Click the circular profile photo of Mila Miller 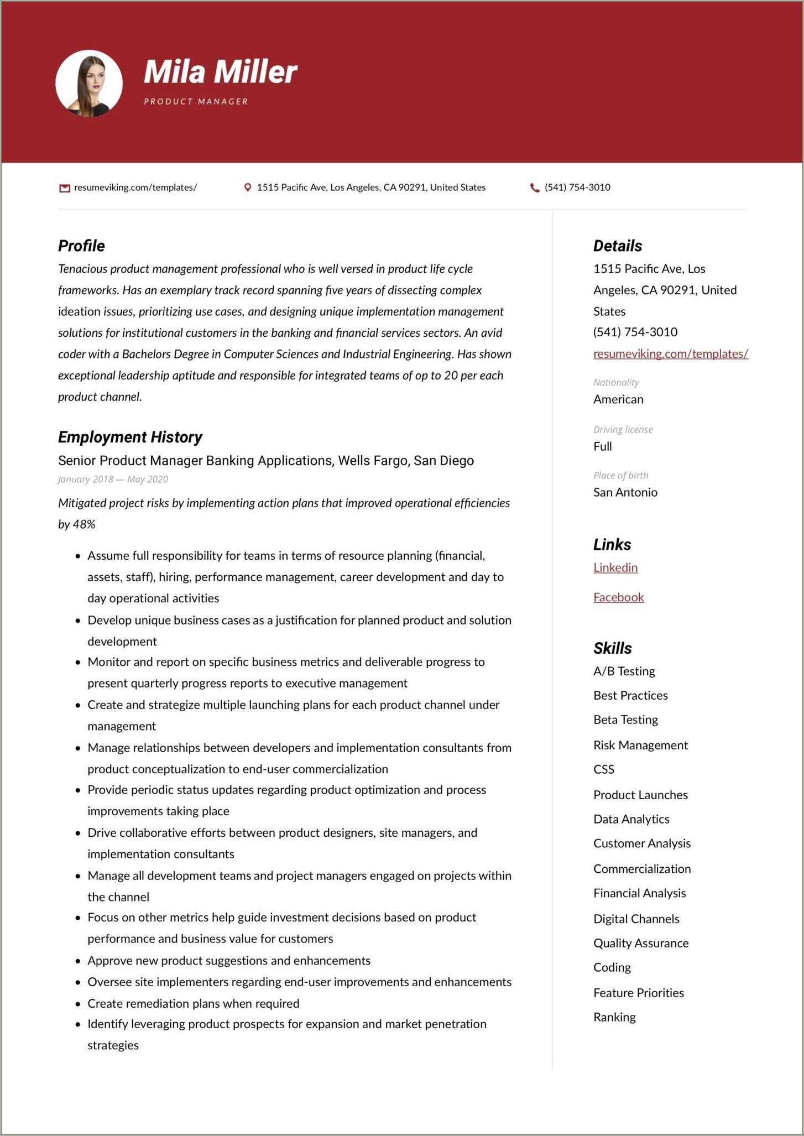pyautogui.click(x=89, y=83)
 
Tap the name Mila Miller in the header pyautogui.click(x=220, y=72)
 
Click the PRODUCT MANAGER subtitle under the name pyautogui.click(x=196, y=102)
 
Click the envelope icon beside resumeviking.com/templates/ pyautogui.click(x=65, y=188)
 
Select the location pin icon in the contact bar pyautogui.click(x=248, y=187)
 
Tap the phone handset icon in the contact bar pyautogui.click(x=535, y=187)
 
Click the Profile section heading pyautogui.click(x=81, y=246)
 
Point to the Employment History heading pyautogui.click(x=130, y=437)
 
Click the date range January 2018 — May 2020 pyautogui.click(x=113, y=480)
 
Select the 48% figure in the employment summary pyautogui.click(x=84, y=524)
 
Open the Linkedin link pyautogui.click(x=615, y=567)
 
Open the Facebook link pyautogui.click(x=618, y=597)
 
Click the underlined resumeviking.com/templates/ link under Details pyautogui.click(x=670, y=354)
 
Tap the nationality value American pyautogui.click(x=618, y=399)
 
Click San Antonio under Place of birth pyautogui.click(x=625, y=492)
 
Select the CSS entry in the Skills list pyautogui.click(x=603, y=769)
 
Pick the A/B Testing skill pyautogui.click(x=624, y=671)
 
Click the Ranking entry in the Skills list pyautogui.click(x=614, y=1017)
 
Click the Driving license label pyautogui.click(x=623, y=430)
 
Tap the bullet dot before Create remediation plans pyautogui.click(x=78, y=1004)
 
